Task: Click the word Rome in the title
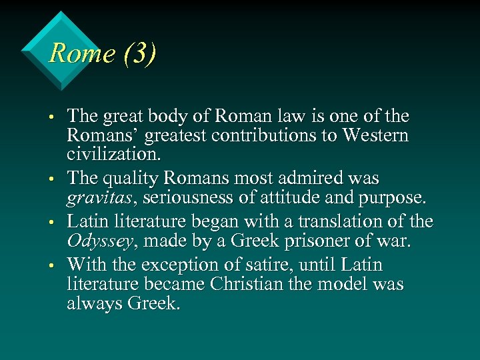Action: pyautogui.click(x=81, y=53)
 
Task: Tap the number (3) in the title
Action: pyautogui.click(x=139, y=53)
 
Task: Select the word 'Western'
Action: pyautogui.click(x=375, y=135)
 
